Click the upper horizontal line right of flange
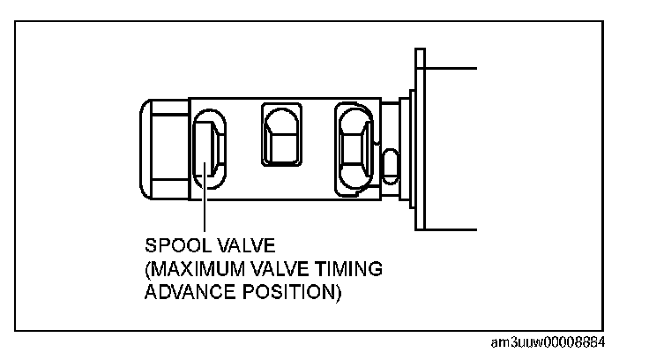point(450,68)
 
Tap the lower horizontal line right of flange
point(450,229)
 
